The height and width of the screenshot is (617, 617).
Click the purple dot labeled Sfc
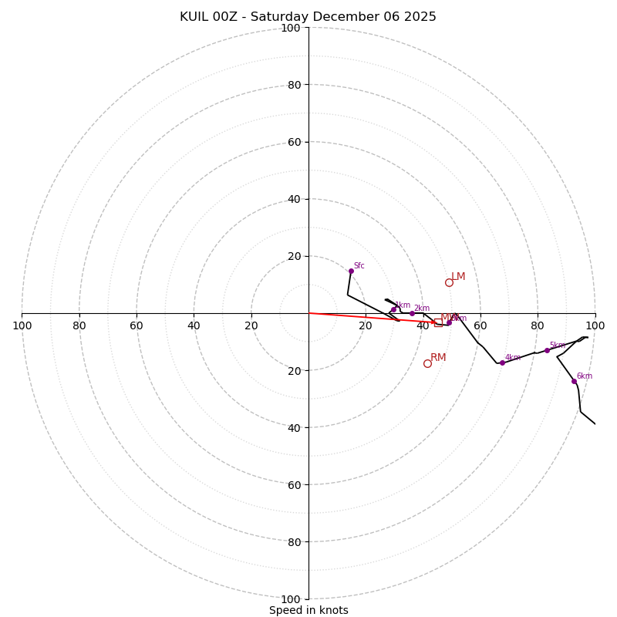351,271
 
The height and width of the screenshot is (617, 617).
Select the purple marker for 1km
393,309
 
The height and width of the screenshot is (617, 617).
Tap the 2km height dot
412,313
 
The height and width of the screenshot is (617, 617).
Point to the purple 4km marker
502,362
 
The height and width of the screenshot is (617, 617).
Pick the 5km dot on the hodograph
547,350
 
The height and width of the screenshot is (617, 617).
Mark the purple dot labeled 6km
574,381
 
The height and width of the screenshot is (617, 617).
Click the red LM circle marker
449,282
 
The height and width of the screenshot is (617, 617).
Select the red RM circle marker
427,363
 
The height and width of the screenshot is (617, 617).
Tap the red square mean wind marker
438,322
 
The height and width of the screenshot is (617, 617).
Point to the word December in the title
344,17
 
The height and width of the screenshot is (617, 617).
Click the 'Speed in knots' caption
308,610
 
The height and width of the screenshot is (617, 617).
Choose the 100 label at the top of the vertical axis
291,28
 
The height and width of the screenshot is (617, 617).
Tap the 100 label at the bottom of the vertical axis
291,598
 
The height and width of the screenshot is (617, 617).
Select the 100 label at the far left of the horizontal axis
22,325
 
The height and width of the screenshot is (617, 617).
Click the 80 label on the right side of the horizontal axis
538,325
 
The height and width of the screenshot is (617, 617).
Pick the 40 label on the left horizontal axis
194,325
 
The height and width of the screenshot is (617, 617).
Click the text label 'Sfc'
359,266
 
